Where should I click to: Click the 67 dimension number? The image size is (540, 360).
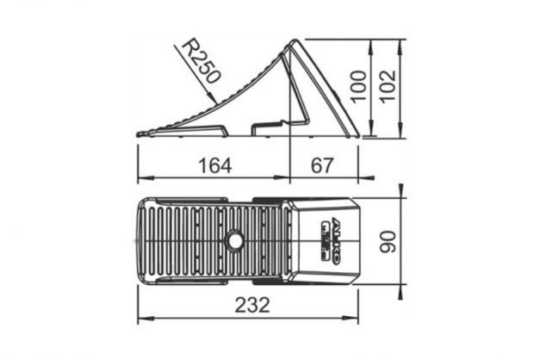pyautogui.click(x=322, y=165)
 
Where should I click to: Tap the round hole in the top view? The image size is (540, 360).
pyautogui.click(x=234, y=240)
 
